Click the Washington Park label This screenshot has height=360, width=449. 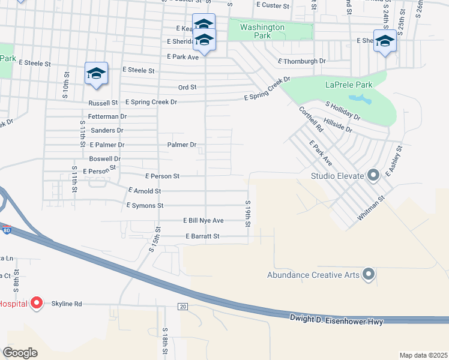(264, 31)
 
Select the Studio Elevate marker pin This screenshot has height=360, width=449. (373, 176)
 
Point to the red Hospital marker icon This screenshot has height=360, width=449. (36, 304)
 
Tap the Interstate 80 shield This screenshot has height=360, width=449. (6, 229)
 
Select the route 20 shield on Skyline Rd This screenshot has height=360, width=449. (182, 307)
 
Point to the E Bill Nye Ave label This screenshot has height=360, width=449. (203, 221)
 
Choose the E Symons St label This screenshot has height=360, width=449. (145, 205)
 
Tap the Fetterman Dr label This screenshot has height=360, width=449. (107, 116)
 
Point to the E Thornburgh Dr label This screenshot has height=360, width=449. (301, 61)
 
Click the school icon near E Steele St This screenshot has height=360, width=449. (96, 73)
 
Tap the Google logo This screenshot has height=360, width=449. (20, 353)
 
